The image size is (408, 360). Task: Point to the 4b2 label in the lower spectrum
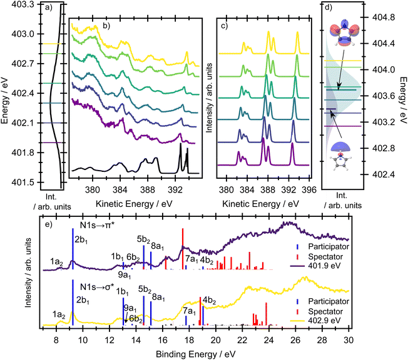pyautogui.click(x=209, y=301)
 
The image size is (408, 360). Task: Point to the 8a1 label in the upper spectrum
pyautogui.click(x=158, y=245)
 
